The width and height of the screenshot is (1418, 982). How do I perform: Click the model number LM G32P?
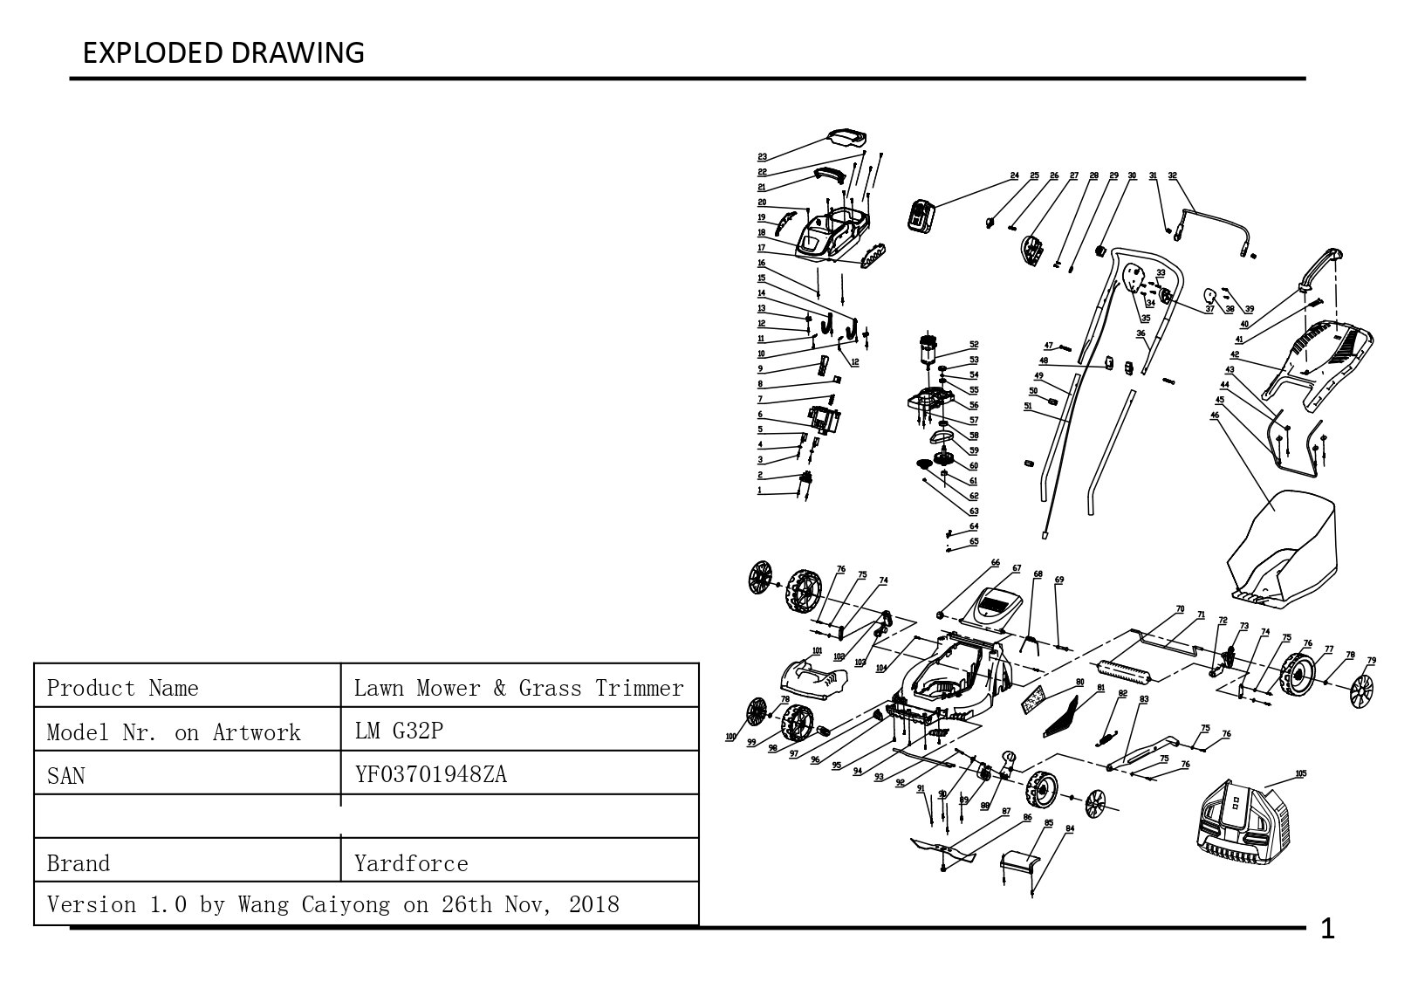coord(399,731)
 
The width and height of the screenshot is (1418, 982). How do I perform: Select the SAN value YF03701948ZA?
coord(430,774)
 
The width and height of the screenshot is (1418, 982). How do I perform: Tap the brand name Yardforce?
coord(411,863)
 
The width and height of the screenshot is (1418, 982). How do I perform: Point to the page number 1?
coord(1327,930)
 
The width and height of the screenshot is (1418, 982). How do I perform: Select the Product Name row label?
coord(122,688)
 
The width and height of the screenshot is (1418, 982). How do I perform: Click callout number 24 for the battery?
coord(1015,175)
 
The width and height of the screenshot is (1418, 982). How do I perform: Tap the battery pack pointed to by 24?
coord(921,216)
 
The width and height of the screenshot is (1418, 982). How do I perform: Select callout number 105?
coord(1301,773)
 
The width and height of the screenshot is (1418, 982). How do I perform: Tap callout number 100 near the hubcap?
coord(731,737)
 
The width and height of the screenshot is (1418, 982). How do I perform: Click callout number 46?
coord(1215,415)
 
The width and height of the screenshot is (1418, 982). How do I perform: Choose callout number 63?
coord(974,512)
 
